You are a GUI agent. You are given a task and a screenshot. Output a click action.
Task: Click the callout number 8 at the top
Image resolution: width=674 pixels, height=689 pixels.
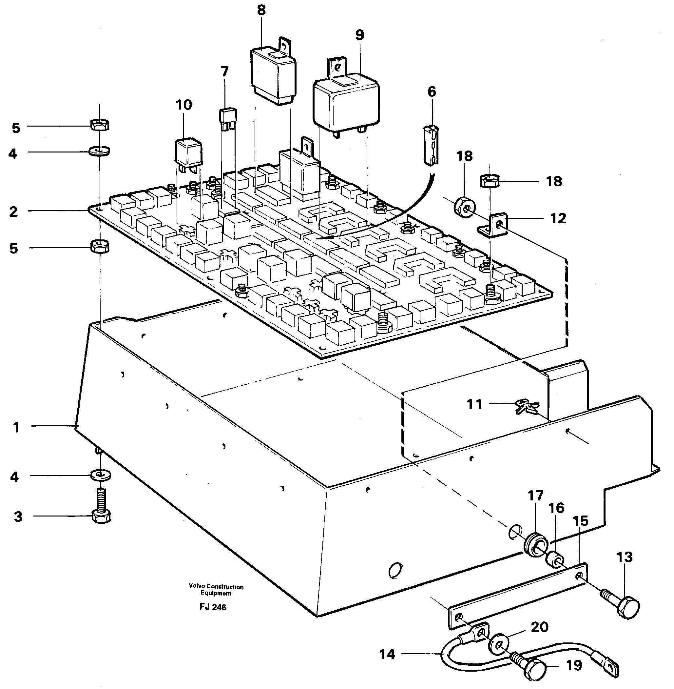[x=261, y=10]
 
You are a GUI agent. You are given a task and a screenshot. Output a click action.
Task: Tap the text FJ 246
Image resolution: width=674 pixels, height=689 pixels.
[x=213, y=607]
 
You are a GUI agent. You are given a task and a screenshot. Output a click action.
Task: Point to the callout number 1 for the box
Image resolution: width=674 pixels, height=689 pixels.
[x=16, y=428]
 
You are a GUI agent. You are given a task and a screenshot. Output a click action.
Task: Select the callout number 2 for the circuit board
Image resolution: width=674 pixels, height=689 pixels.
[x=13, y=212]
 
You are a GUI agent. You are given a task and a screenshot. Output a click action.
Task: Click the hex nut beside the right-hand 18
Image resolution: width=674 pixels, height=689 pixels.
[x=489, y=181]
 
